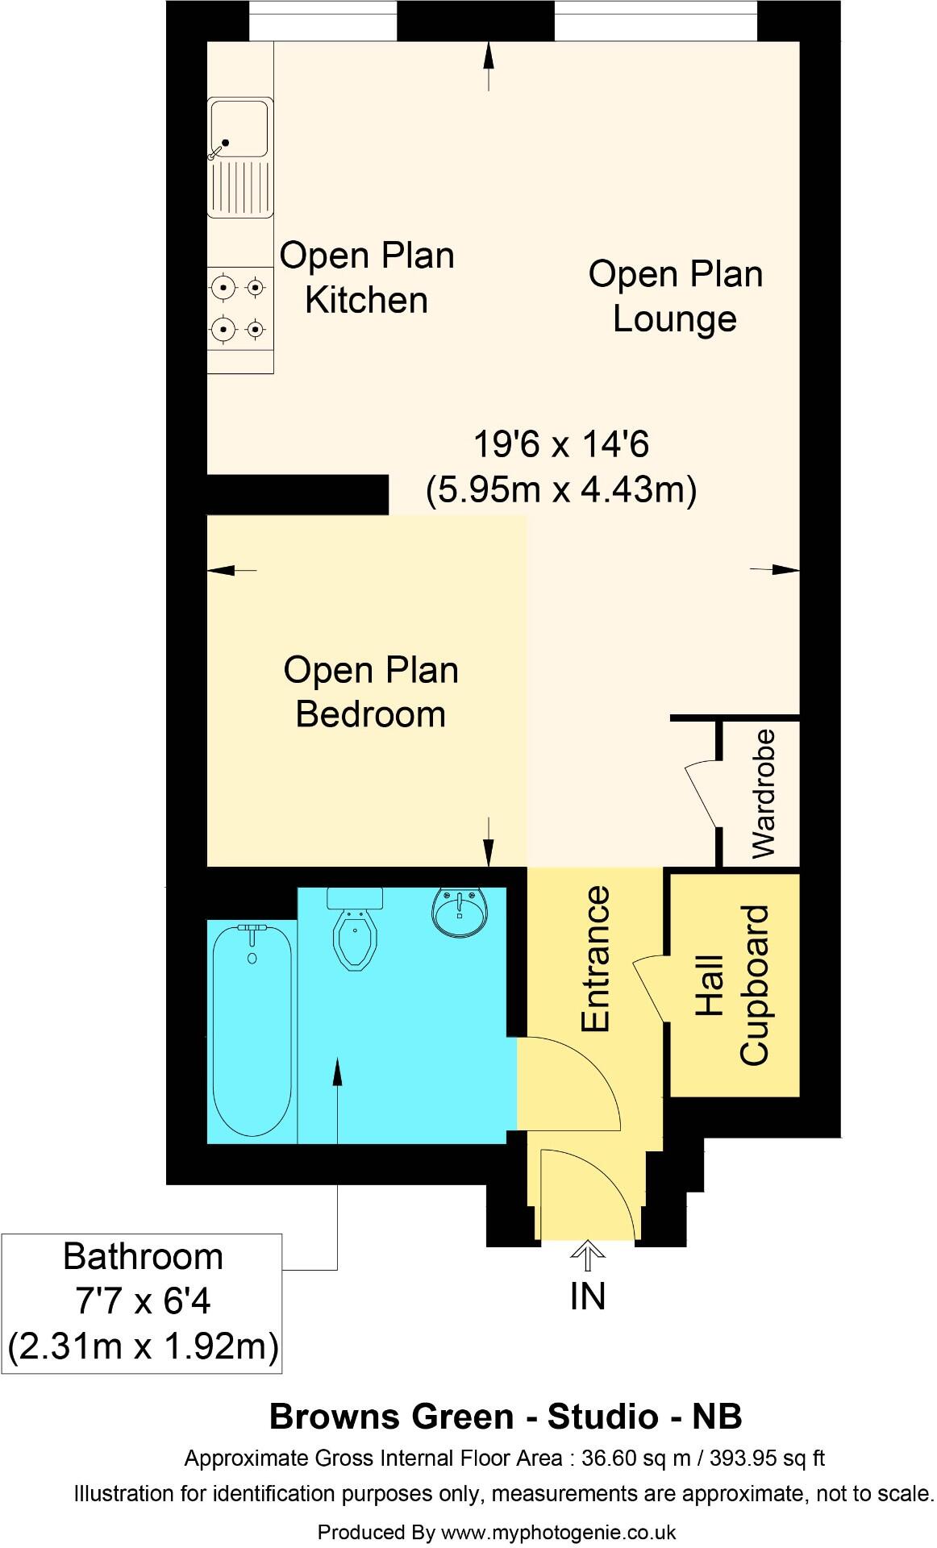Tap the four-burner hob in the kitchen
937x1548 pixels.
(x=239, y=307)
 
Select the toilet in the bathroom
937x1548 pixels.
(x=354, y=928)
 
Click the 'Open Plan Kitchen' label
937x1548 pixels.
(x=367, y=277)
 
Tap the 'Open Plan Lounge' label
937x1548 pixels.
(x=676, y=296)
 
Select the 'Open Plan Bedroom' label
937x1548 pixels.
(x=371, y=692)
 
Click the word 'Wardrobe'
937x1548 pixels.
(x=762, y=793)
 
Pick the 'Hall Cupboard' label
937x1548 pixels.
(x=732, y=985)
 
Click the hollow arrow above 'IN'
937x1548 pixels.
(x=589, y=1256)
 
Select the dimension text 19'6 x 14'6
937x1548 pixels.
(x=561, y=444)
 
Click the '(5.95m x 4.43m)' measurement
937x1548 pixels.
(x=561, y=489)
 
